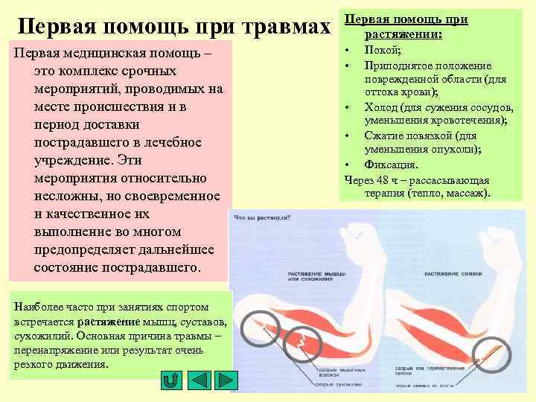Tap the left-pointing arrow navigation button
(199, 380)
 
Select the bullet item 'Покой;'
(379, 49)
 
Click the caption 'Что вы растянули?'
(263, 217)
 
